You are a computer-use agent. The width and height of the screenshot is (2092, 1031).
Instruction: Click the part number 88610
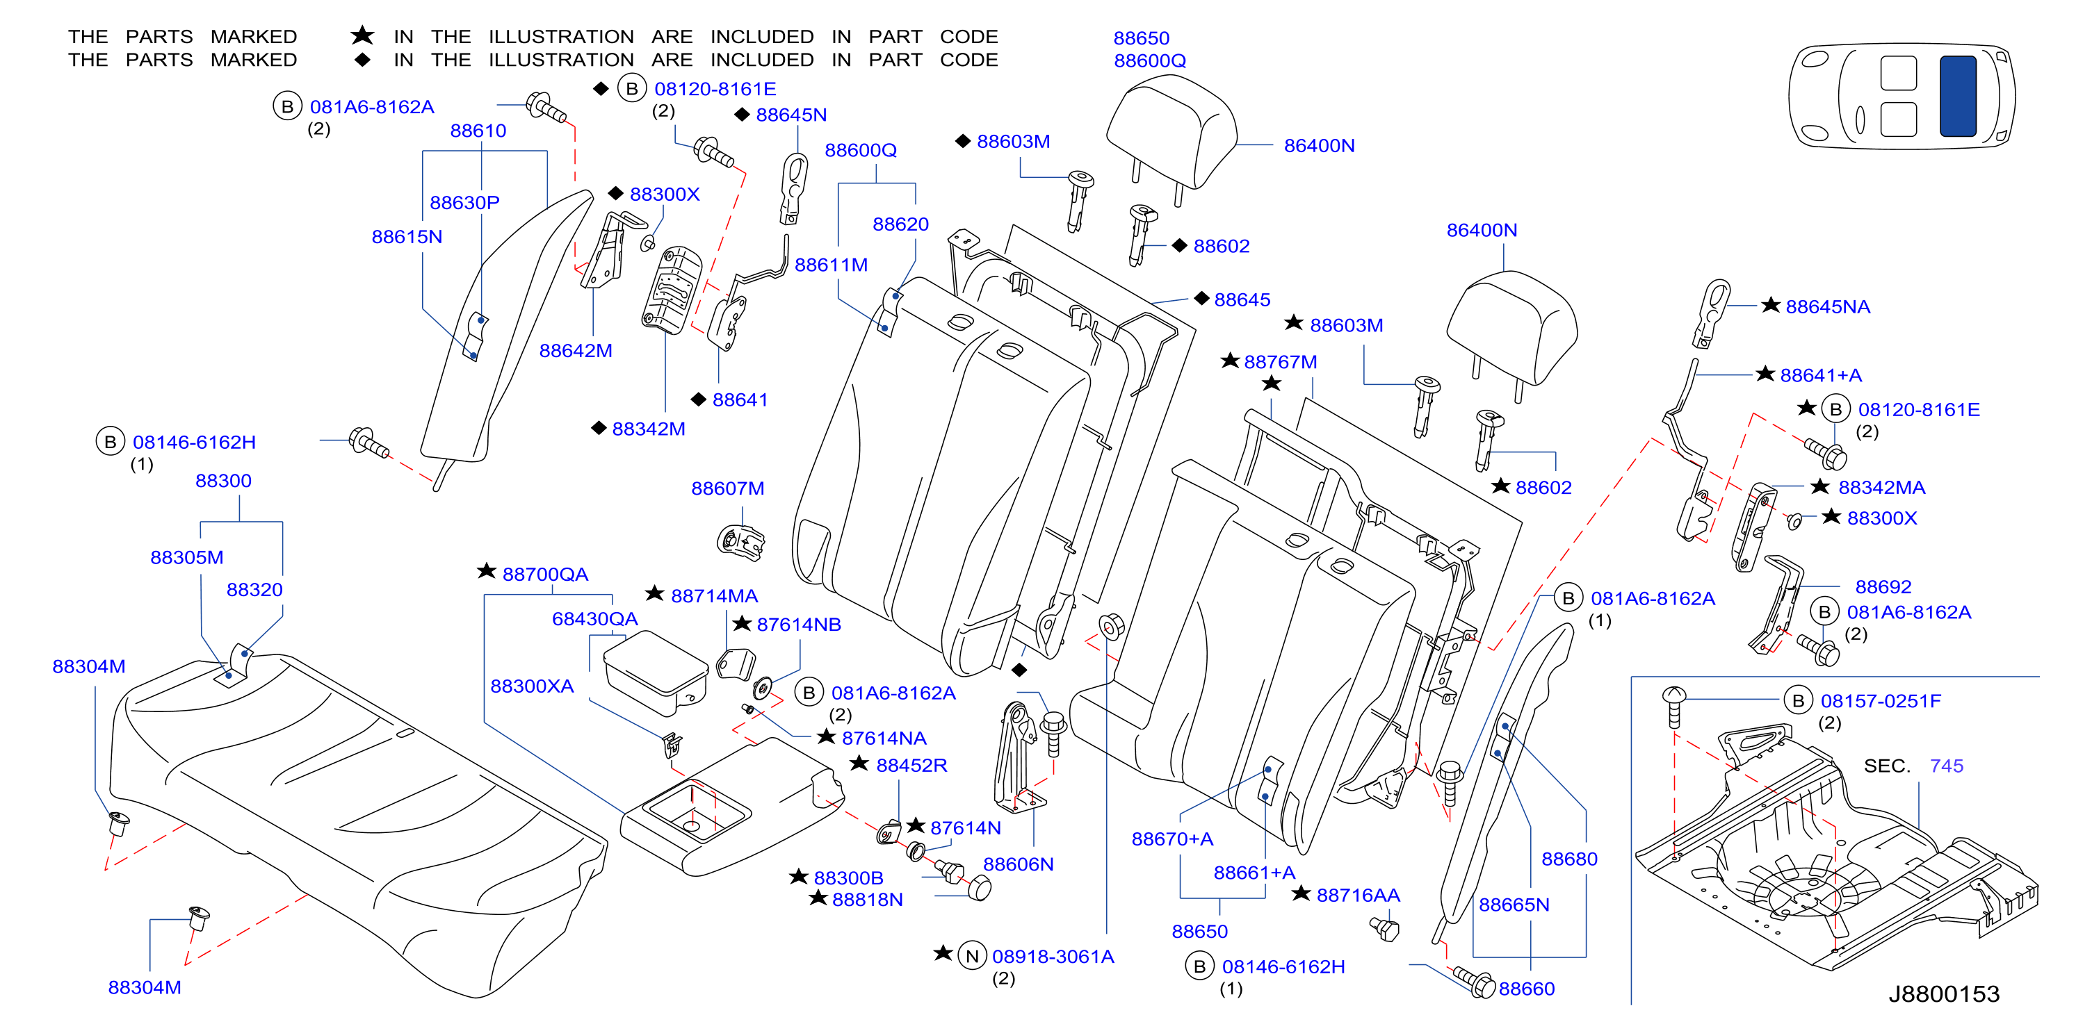point(478,131)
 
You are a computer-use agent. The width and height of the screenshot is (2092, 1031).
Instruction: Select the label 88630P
point(464,202)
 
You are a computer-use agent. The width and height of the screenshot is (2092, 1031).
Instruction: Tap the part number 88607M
point(728,488)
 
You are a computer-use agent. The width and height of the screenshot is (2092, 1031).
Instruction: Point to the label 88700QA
point(545,574)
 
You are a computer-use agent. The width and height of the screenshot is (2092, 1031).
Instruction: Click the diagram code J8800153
point(1944,993)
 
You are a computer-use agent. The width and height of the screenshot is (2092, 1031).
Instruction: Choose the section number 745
point(1947,766)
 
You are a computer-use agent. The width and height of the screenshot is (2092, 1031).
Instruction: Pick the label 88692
point(1883,586)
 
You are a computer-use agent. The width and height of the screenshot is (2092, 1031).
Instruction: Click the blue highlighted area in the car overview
point(1958,96)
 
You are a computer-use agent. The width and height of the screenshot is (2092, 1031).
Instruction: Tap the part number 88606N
point(1019,864)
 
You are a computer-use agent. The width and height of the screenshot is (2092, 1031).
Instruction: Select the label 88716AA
point(1358,895)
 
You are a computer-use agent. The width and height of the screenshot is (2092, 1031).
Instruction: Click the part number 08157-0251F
point(1881,700)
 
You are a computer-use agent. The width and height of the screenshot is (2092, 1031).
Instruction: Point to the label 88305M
point(187,557)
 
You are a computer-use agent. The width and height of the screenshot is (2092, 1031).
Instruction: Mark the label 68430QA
point(594,618)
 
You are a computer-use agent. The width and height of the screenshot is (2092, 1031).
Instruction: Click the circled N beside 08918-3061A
point(972,956)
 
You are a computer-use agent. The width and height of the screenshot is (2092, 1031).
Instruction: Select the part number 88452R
point(911,765)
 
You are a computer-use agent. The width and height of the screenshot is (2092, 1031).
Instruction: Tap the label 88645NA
point(1827,306)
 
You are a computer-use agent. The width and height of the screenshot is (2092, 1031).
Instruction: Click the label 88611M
point(831,265)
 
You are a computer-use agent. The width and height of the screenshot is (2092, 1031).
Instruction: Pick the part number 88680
point(1569,859)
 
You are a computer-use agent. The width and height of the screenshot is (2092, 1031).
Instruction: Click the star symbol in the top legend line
point(362,35)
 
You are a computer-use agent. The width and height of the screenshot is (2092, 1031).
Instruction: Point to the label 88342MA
point(1881,487)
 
